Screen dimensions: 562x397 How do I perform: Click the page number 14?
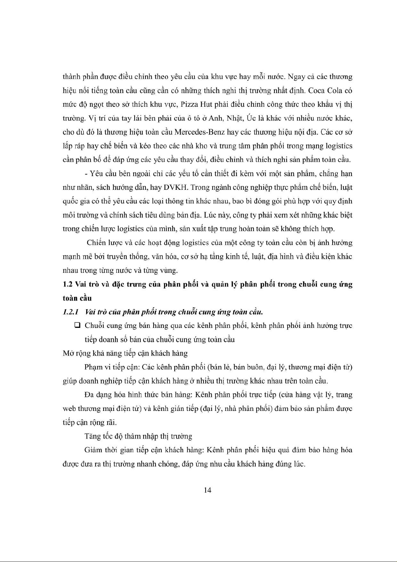pos(207,490)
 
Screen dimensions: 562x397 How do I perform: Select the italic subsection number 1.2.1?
pos(70,312)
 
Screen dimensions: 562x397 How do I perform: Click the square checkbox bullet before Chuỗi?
pos(77,325)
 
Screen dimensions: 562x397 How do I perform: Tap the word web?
pos(69,409)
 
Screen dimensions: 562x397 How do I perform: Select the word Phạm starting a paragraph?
pos(94,367)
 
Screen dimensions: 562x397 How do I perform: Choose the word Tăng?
pos(92,436)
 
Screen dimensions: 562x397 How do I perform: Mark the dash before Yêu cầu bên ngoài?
pos(86,174)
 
